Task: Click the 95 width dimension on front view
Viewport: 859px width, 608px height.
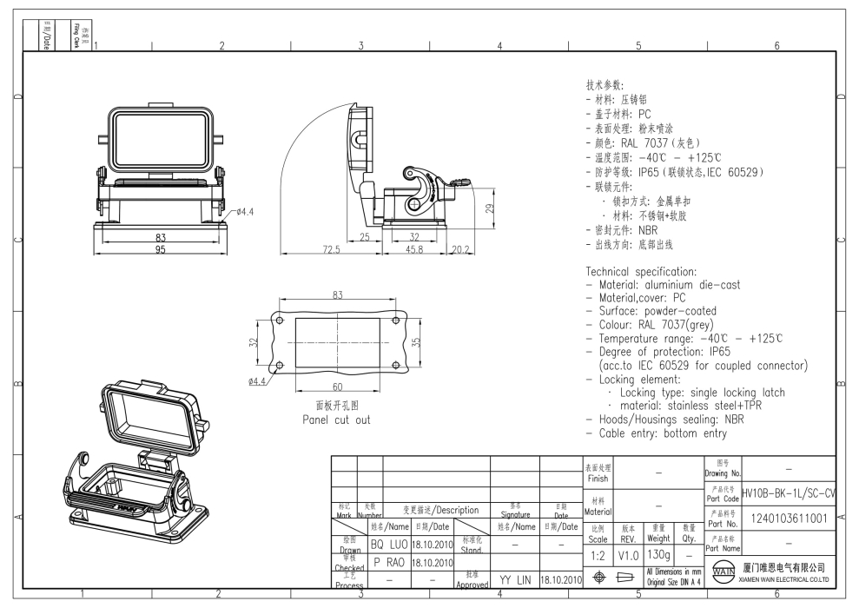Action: pos(161,250)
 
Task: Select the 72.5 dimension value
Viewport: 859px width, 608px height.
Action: pos(331,250)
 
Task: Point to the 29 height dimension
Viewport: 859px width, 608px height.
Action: pos(489,208)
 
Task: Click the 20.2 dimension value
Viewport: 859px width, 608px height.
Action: pos(459,250)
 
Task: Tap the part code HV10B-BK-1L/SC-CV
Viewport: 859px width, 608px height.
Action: pos(788,493)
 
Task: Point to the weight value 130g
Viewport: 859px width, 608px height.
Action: pos(657,553)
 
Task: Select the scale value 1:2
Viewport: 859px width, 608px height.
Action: pos(598,553)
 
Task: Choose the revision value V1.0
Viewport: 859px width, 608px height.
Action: pos(627,553)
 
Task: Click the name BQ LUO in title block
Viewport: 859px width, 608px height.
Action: pos(388,545)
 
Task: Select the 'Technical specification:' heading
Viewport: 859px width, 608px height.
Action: pos(641,272)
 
